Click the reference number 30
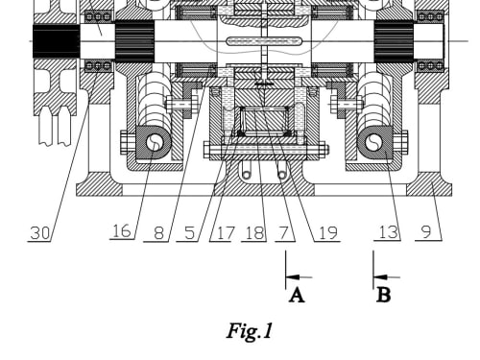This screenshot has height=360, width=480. click(x=40, y=232)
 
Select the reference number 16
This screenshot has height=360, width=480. click(x=122, y=231)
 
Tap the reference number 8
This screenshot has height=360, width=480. click(x=158, y=232)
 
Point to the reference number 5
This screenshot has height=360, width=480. click(x=190, y=232)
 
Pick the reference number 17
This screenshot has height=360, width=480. click(x=226, y=232)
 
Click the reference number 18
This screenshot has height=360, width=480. click(x=254, y=232)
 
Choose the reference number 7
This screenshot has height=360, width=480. click(x=284, y=232)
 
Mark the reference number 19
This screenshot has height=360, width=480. click(x=328, y=232)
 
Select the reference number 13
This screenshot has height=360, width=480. click(x=389, y=232)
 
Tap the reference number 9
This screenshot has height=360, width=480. click(x=426, y=232)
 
